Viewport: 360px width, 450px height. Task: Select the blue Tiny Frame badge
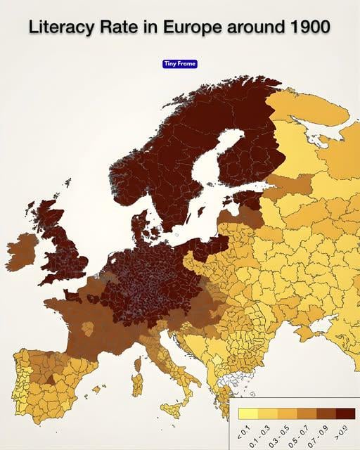coord(180,64)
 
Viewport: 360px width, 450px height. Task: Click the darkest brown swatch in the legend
coord(345,413)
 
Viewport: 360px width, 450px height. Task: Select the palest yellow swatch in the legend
coord(247,413)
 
